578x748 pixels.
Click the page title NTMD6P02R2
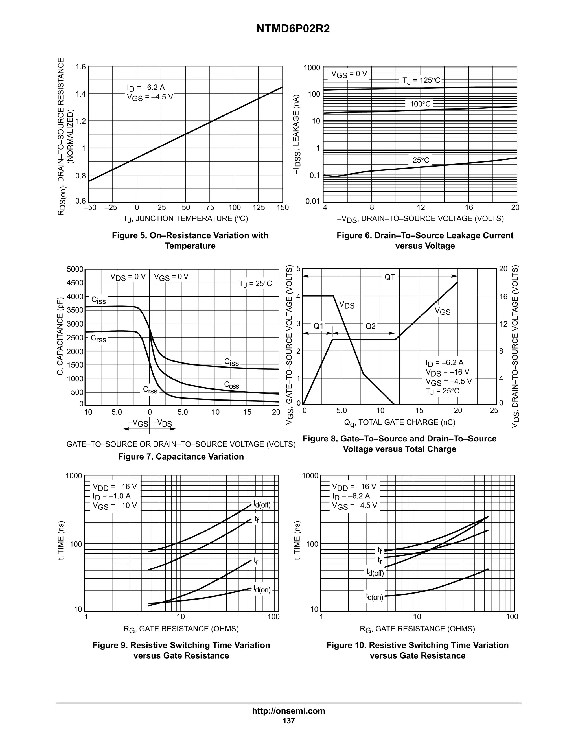tap(293, 29)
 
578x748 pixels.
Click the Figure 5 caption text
tap(190, 240)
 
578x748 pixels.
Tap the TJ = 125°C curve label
tap(421, 80)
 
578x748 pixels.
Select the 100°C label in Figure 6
tap(420, 104)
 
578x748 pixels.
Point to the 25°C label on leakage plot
tap(421, 160)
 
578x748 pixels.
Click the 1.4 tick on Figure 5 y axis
tap(81, 94)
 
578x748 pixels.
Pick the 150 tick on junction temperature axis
tap(283, 207)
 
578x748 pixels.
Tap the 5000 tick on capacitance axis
tap(75, 270)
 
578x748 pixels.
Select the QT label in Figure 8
tap(390, 277)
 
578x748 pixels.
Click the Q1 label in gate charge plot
tap(318, 326)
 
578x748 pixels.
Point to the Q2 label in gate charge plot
tap(371, 326)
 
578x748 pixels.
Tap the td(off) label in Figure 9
tap(262, 504)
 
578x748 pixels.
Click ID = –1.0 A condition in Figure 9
tap(112, 496)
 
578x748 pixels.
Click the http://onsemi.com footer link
tap(289, 711)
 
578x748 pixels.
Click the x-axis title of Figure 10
tap(417, 629)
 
